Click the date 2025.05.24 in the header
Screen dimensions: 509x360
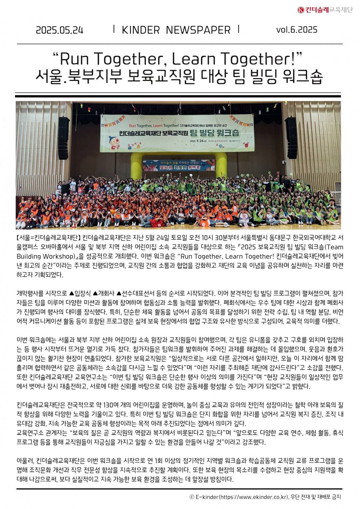(x=59, y=30)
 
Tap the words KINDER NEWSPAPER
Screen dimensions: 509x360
(x=176, y=30)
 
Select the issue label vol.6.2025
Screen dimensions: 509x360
(x=297, y=30)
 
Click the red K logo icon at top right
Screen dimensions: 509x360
(x=301, y=10)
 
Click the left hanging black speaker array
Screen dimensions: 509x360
(x=63, y=138)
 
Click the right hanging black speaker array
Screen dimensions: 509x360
(x=291, y=138)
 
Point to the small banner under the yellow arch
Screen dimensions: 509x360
(x=178, y=165)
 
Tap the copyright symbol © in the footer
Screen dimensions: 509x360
(x=192, y=497)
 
